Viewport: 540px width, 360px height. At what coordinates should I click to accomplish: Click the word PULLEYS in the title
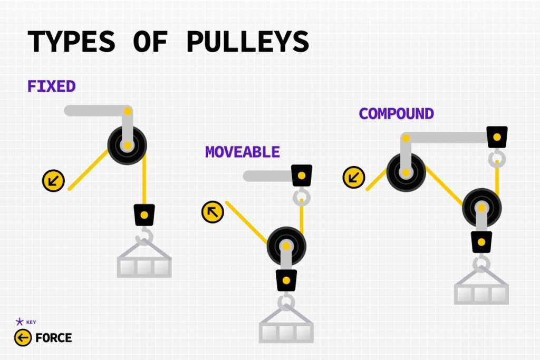click(248, 41)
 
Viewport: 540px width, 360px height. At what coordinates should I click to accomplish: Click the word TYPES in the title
click(71, 41)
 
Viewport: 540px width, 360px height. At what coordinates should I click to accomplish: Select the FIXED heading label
click(52, 86)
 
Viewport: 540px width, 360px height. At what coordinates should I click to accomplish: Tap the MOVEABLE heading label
click(243, 152)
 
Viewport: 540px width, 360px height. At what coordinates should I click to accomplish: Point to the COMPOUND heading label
click(397, 113)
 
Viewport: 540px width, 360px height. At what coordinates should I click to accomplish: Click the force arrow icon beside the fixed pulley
click(53, 181)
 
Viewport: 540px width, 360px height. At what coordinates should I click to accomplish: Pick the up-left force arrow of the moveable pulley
click(213, 212)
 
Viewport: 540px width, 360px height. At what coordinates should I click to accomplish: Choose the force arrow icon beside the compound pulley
click(354, 177)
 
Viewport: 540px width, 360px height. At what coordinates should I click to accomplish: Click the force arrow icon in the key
click(23, 338)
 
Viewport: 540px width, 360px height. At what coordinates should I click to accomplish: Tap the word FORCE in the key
click(54, 338)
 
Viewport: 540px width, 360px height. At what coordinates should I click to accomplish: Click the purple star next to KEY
click(20, 322)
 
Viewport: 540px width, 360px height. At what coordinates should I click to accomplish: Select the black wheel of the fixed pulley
click(127, 145)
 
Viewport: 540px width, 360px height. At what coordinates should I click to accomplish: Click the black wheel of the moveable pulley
click(286, 246)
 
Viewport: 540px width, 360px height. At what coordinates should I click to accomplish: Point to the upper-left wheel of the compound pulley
click(406, 172)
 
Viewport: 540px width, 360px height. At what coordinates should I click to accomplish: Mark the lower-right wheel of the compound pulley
click(482, 208)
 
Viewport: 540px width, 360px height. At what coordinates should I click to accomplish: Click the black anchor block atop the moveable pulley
click(302, 176)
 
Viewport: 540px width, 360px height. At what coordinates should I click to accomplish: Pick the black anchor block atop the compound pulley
click(497, 137)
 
